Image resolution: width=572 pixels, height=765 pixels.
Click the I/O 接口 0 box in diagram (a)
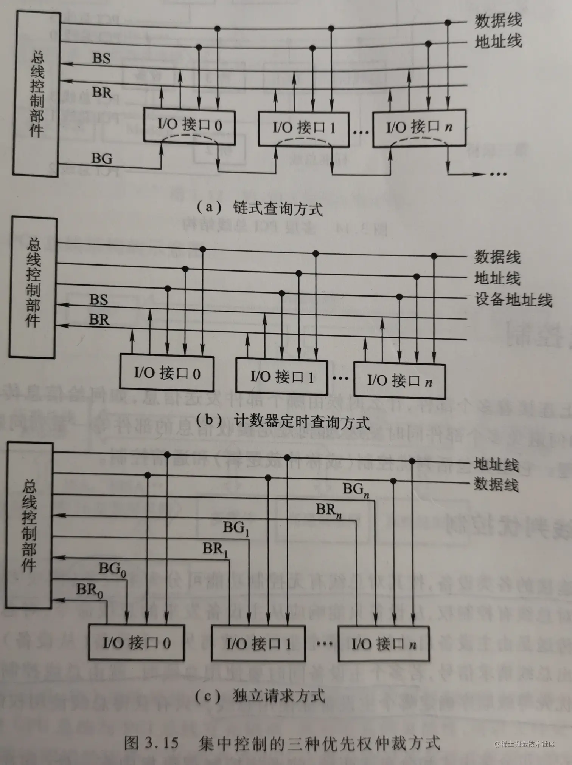(x=189, y=126)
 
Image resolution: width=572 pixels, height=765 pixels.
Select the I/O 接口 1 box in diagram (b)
(x=281, y=377)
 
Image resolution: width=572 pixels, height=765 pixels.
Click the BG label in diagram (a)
(x=102, y=158)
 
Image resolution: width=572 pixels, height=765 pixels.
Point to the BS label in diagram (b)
(x=99, y=300)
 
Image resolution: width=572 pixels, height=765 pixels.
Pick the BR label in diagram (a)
(x=102, y=93)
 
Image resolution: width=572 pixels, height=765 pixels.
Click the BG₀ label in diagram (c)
(x=112, y=569)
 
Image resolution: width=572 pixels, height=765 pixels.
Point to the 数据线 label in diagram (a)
(x=498, y=21)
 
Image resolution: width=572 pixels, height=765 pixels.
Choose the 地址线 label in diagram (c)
(x=496, y=465)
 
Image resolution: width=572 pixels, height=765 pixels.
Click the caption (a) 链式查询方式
(x=260, y=208)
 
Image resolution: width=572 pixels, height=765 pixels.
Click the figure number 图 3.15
(x=151, y=743)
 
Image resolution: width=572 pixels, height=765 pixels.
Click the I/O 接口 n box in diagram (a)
(x=419, y=127)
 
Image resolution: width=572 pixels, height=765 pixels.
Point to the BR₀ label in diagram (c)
(x=90, y=590)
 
